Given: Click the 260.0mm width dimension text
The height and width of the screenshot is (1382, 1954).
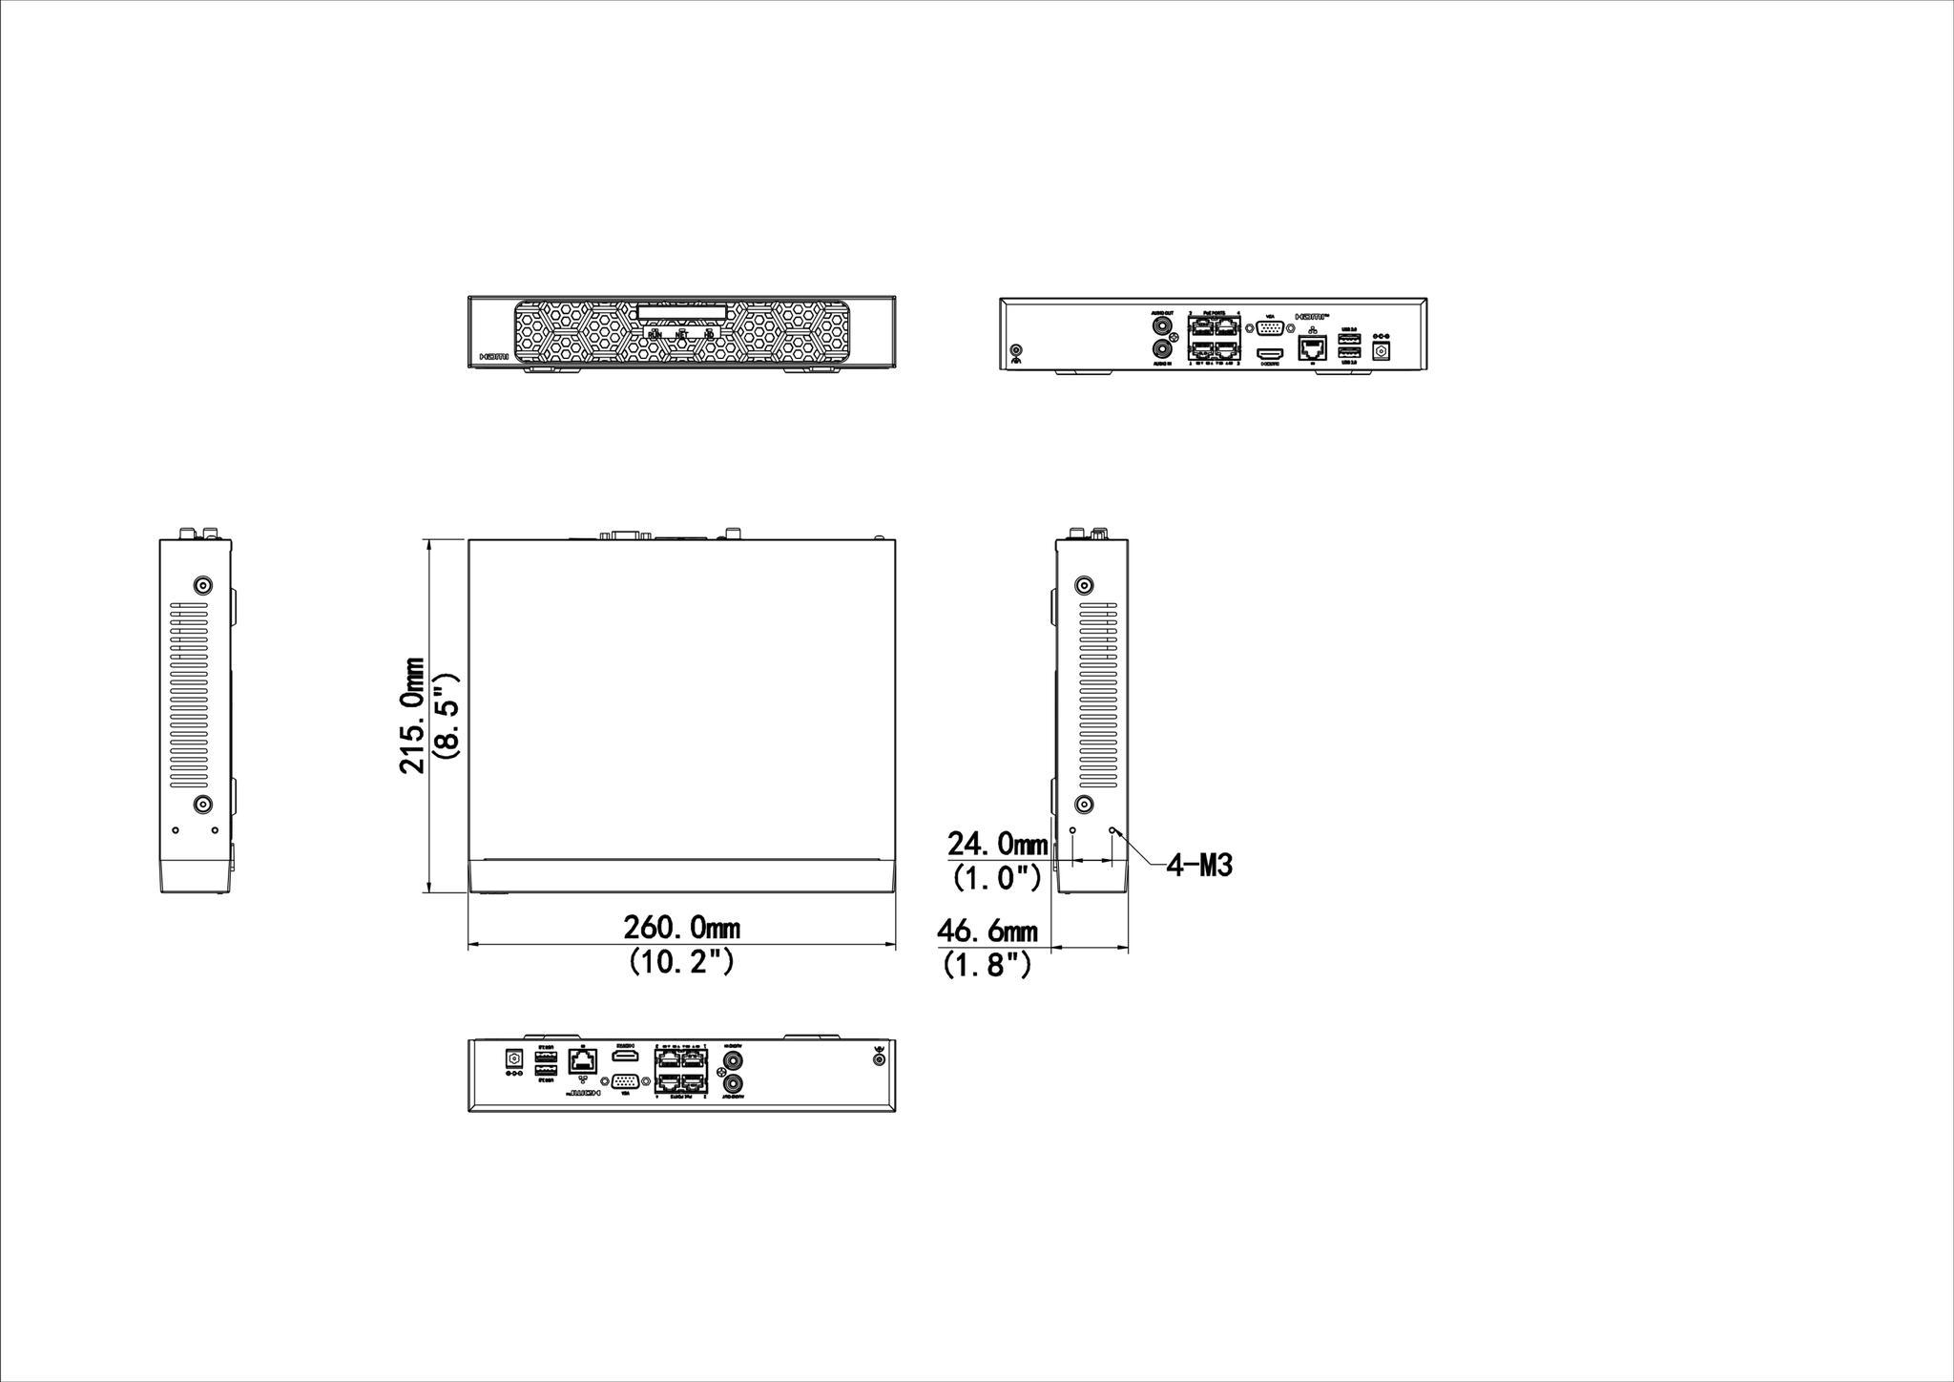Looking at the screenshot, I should [x=681, y=927].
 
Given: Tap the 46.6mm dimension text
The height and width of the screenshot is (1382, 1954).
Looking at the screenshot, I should [x=987, y=931].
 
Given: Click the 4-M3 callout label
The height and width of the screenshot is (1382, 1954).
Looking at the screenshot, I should [x=1199, y=866].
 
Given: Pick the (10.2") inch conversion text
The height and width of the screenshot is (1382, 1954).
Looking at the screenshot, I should [x=681, y=961].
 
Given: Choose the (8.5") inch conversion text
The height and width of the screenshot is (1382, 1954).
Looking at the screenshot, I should [x=447, y=715].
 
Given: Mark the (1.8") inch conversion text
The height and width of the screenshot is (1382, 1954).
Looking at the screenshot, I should [x=987, y=965].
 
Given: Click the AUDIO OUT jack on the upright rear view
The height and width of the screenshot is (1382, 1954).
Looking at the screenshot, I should [x=1163, y=326].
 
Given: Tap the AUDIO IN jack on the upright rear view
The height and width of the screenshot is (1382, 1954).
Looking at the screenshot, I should [x=1163, y=350].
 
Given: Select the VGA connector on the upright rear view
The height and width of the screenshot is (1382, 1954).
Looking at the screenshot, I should [x=1270, y=328].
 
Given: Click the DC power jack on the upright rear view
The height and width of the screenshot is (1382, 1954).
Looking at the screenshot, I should [x=1380, y=350].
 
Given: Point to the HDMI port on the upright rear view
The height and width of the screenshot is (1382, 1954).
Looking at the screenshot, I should [x=1271, y=352].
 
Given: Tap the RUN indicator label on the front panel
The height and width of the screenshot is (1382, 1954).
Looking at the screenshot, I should [x=655, y=334].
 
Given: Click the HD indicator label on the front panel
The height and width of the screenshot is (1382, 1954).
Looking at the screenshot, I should [x=709, y=334].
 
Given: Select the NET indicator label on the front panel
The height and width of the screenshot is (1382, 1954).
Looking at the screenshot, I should [x=682, y=334].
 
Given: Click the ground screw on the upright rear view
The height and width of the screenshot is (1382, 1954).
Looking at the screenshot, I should [x=1017, y=351].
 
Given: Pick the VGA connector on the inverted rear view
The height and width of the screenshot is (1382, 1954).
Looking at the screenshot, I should [x=624, y=1081].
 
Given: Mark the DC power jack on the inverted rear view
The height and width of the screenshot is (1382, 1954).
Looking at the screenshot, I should [x=515, y=1057].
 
